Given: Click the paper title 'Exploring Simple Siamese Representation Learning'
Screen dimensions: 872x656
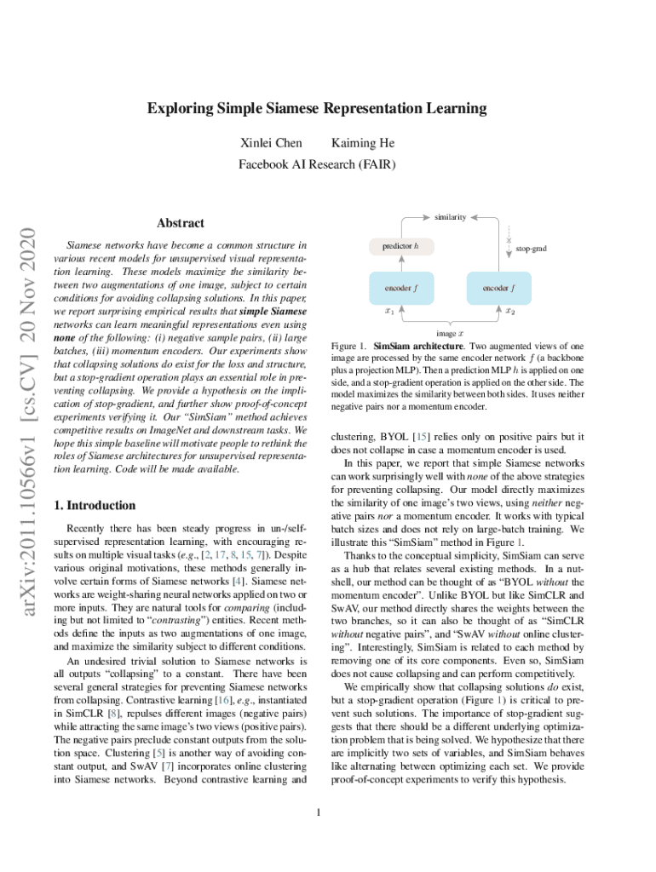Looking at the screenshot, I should tap(317, 108).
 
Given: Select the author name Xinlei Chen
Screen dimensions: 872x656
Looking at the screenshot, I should tap(271, 142).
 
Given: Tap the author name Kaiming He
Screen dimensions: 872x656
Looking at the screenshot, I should tap(363, 142).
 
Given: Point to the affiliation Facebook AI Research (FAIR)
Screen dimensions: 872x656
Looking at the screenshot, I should tap(317, 163).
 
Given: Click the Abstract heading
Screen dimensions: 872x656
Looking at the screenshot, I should tap(181, 223).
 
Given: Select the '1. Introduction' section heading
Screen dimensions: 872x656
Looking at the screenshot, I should tap(95, 505).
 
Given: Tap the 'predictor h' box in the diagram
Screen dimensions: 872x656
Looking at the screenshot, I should tap(400, 246).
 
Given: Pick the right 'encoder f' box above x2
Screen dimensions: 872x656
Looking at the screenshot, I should tap(498, 288).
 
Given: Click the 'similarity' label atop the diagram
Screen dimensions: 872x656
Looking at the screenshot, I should tap(450, 217).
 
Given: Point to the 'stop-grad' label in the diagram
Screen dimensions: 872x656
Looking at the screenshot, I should tap(531, 249).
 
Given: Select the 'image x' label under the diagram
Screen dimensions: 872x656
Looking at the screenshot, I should tap(450, 334).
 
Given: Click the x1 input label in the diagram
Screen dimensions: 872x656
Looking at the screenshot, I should tap(388, 312).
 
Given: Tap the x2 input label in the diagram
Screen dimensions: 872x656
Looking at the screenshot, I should tap(509, 312).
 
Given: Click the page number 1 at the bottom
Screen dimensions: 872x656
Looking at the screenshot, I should tap(317, 812).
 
